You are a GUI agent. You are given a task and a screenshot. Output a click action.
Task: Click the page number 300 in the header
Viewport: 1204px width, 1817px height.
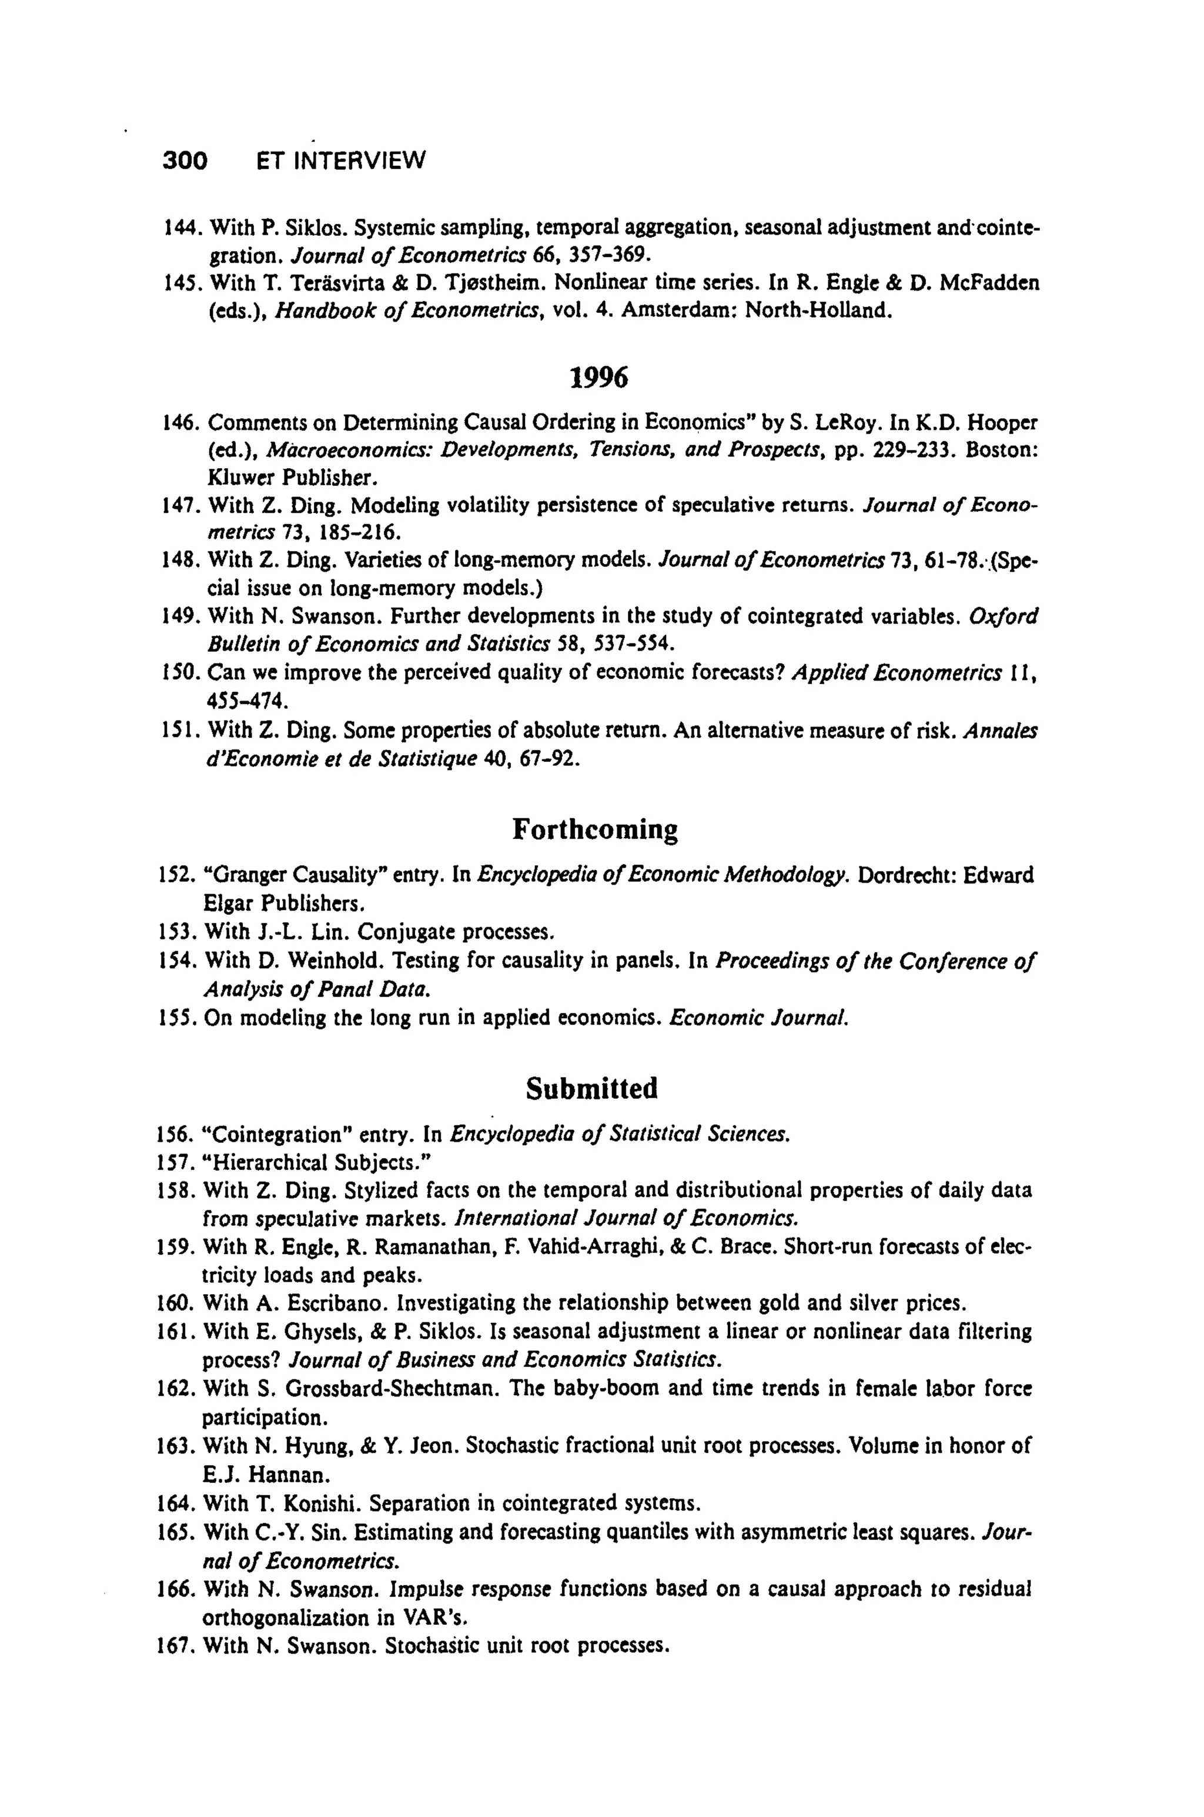coord(185,161)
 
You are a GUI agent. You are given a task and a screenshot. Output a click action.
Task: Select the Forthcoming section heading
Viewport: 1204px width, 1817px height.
coord(595,830)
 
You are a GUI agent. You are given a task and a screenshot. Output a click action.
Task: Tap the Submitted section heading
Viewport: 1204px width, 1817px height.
coord(592,1089)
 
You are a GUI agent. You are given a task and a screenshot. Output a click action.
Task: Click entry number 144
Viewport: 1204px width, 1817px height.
coord(183,228)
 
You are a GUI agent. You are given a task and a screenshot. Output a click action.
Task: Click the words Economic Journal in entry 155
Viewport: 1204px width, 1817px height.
coord(758,1018)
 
